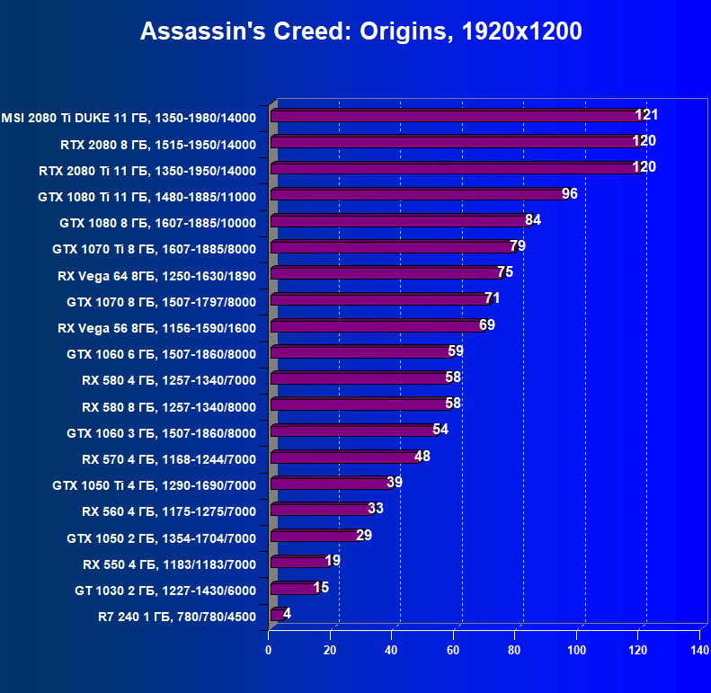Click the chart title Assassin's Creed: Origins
360,32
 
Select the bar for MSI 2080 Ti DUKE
454,116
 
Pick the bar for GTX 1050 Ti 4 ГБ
328,484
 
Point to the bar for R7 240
276,615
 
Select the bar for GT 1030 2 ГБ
292,589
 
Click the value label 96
569,193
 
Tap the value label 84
532,219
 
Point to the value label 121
646,114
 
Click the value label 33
376,509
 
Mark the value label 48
422,456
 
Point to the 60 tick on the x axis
454,648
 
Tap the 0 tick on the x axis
269,648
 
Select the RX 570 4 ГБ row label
168,459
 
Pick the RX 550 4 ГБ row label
169,564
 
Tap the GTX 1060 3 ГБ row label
161,433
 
